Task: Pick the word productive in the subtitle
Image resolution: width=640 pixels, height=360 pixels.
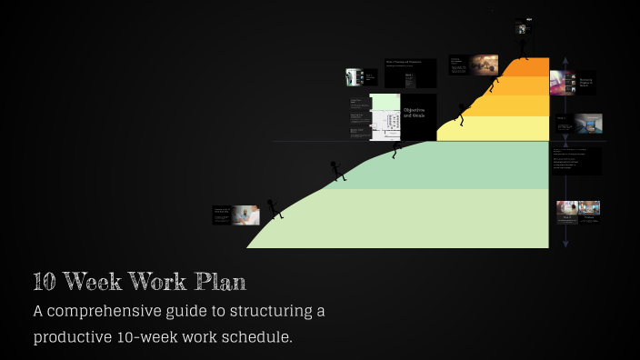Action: pyautogui.click(x=79, y=336)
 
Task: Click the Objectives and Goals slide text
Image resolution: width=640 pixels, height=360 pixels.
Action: pyautogui.click(x=415, y=115)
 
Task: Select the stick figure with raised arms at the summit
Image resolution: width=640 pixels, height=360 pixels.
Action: pyautogui.click(x=523, y=45)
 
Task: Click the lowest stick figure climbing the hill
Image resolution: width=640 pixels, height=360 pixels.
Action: pyautogui.click(x=273, y=209)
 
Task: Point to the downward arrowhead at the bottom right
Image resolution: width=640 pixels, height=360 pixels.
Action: pyautogui.click(x=565, y=242)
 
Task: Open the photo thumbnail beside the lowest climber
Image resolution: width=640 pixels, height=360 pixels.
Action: pyautogui.click(x=245, y=215)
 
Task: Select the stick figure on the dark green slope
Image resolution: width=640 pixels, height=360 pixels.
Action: pyautogui.click(x=335, y=170)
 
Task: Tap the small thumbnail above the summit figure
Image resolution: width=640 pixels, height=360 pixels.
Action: pyautogui.click(x=522, y=28)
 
